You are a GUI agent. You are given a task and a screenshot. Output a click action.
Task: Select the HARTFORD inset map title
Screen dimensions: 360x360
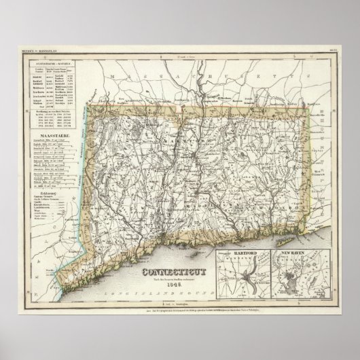[246, 253]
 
